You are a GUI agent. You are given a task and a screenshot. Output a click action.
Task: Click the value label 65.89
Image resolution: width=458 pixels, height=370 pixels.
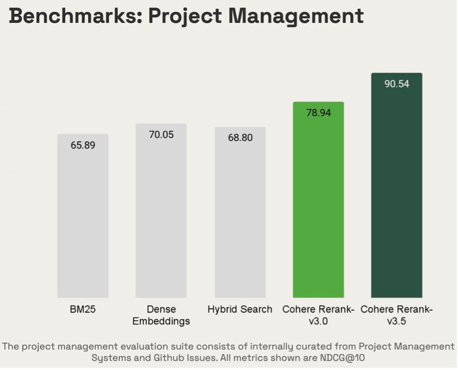click(83, 145)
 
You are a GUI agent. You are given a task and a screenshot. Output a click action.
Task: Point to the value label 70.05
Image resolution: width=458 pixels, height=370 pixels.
click(161, 135)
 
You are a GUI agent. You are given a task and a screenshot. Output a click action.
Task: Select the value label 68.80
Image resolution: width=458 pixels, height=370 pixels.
click(240, 138)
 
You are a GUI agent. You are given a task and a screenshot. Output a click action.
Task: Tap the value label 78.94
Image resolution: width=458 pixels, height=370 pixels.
click(318, 113)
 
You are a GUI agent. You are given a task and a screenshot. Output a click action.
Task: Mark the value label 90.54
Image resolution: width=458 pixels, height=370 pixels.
click(396, 84)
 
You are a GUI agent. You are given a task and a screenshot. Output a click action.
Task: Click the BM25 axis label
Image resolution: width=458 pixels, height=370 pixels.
click(83, 310)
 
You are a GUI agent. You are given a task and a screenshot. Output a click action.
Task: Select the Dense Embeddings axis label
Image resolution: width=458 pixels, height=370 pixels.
click(161, 316)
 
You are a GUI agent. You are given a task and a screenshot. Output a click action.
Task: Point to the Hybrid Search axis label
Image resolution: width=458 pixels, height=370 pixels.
click(240, 310)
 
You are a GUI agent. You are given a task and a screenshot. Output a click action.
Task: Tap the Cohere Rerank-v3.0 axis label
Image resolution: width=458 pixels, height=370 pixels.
click(318, 316)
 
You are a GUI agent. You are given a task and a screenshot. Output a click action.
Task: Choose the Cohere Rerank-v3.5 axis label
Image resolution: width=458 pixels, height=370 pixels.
click(396, 316)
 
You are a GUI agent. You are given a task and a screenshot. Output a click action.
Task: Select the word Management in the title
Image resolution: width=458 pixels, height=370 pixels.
click(296, 16)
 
